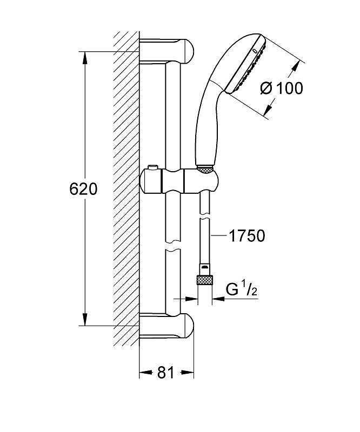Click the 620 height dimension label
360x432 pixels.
pyautogui.click(x=83, y=189)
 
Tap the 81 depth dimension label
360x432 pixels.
pyautogui.click(x=166, y=372)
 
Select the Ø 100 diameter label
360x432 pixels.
pyautogui.click(x=282, y=89)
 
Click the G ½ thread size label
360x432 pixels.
pyautogui.click(x=242, y=290)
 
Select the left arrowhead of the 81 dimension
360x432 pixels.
pyautogui.click(x=146, y=373)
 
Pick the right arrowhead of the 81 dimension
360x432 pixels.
pyautogui.click(x=187, y=373)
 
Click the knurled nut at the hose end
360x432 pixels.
pyautogui.click(x=204, y=280)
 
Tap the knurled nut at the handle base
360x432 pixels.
pyautogui.click(x=205, y=169)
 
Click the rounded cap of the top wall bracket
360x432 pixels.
pyautogui.click(x=188, y=51)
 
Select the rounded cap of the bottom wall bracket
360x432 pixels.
pyautogui.click(x=188, y=326)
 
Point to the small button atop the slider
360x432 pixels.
pyautogui.click(x=152, y=167)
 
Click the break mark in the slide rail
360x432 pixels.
pyautogui.click(x=173, y=245)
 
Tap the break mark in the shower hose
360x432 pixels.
pyautogui.click(x=204, y=217)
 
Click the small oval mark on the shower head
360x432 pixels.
pyautogui.click(x=255, y=51)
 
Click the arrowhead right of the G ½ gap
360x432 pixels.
pyautogui.click(x=218, y=299)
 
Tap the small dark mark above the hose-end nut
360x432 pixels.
pyautogui.click(x=204, y=266)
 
